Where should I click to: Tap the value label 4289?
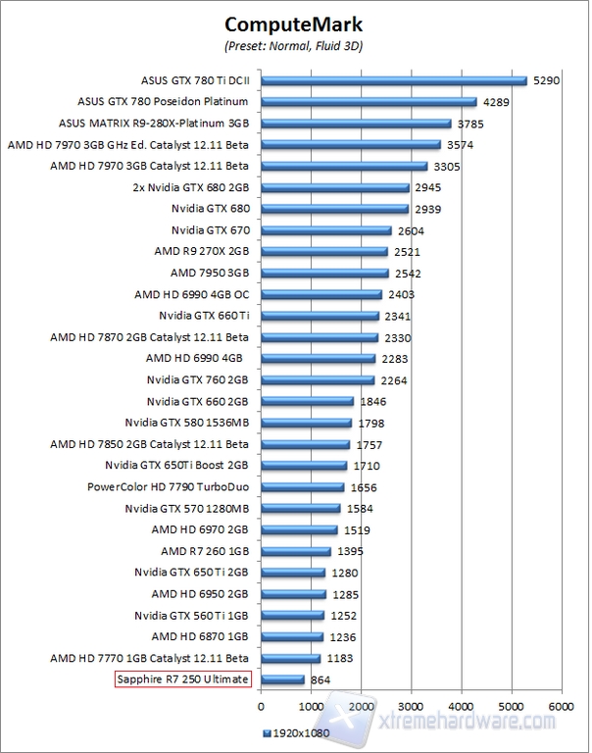click(x=495, y=102)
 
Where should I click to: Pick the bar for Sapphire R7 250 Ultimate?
click(x=283, y=678)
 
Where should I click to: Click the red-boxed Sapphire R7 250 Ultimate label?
click(x=183, y=678)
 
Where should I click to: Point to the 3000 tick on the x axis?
click(x=411, y=704)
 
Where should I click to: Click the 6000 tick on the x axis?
click(x=561, y=704)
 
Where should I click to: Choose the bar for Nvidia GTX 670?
click(x=326, y=231)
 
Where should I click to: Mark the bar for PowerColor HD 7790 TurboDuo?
click(x=303, y=486)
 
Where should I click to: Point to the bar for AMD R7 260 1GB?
click(x=296, y=551)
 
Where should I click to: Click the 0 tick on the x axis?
click(x=261, y=704)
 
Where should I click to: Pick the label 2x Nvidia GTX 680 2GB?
click(x=190, y=187)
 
